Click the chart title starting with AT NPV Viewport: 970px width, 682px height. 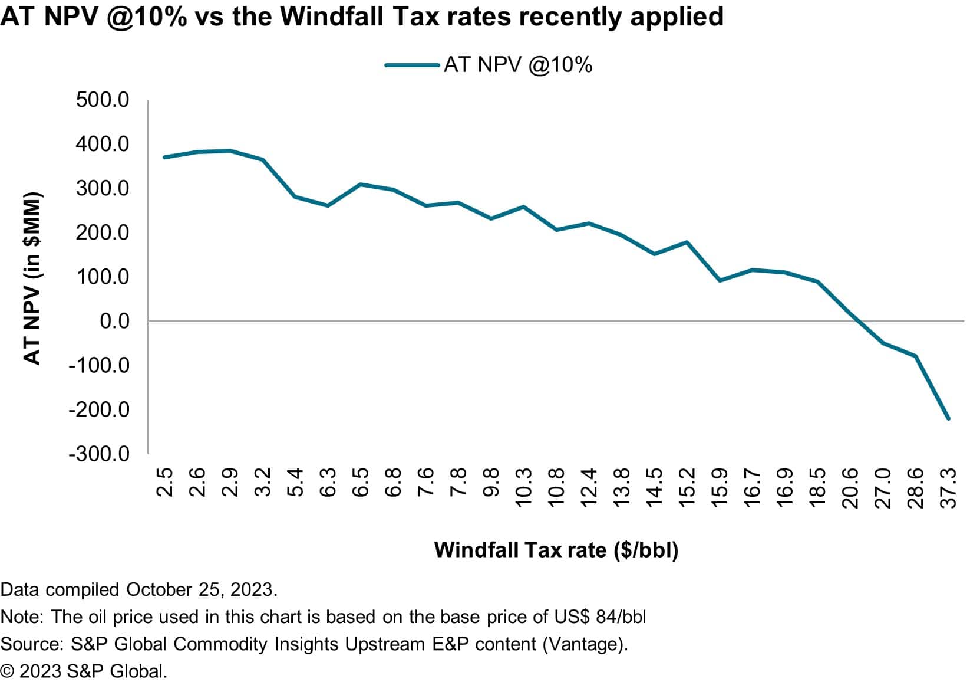pos(362,17)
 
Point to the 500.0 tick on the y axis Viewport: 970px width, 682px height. pos(102,100)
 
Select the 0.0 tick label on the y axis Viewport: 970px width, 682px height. pos(114,321)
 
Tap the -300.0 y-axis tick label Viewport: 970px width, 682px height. pos(98,454)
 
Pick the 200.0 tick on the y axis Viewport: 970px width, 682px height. pos(102,232)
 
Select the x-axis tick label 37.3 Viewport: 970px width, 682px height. pos(948,488)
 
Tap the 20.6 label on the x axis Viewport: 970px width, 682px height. pos(850,488)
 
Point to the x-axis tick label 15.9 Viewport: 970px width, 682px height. pos(720,488)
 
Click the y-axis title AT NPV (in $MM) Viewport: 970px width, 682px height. pos(32,278)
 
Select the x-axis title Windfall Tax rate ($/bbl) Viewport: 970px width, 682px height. pos(556,550)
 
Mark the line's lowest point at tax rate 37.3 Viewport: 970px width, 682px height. pos(948,419)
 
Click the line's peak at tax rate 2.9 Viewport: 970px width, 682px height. pos(230,151)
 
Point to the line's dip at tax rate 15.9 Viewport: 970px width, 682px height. pos(720,280)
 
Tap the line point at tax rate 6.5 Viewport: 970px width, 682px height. pos(360,184)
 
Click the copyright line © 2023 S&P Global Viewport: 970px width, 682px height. pos(84,671)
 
